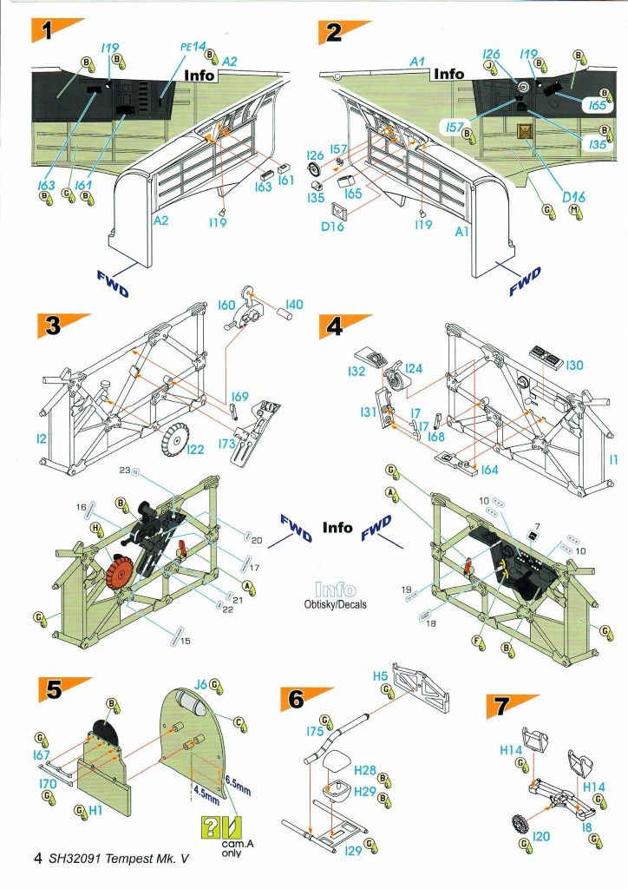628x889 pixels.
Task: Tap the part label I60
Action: [x=227, y=305]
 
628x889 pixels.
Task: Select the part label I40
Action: [x=294, y=305]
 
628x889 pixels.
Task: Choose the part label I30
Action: [x=575, y=366]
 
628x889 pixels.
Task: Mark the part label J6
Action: [x=200, y=684]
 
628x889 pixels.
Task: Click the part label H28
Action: [x=364, y=771]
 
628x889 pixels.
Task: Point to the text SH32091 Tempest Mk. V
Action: [x=118, y=859]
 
